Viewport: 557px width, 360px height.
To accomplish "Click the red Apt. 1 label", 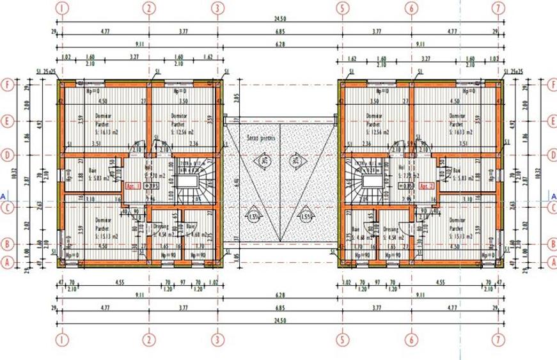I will pyautogui.click(x=133, y=185).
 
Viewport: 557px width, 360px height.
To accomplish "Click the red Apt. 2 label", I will pyautogui.click(x=427, y=185).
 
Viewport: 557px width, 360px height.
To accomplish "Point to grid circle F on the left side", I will pyautogui.click(x=8, y=84).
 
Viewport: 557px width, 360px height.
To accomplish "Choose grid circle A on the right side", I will pyautogui.click(x=551, y=262).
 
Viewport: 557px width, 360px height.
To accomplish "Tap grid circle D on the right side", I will pyautogui.click(x=551, y=154).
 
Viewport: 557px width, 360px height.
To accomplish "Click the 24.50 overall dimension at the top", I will pyautogui.click(x=279, y=20).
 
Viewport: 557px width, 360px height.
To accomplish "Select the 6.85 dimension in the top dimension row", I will pyautogui.click(x=279, y=30).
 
